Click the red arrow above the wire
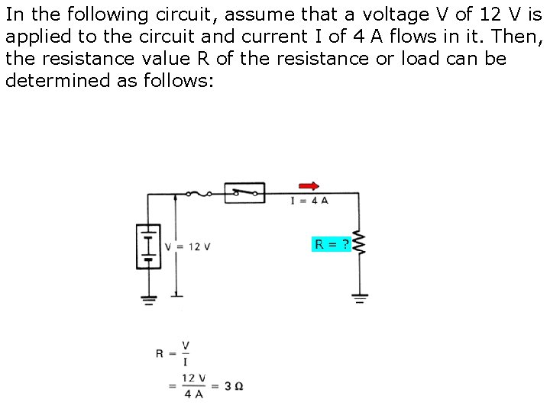[x=309, y=185]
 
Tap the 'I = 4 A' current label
[x=309, y=201]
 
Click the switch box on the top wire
[x=244, y=192]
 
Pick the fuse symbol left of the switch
[x=203, y=194]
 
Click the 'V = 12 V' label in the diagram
[x=188, y=246]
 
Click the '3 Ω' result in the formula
[x=235, y=386]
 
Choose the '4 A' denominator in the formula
[x=193, y=394]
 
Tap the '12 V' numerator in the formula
[x=193, y=378]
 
